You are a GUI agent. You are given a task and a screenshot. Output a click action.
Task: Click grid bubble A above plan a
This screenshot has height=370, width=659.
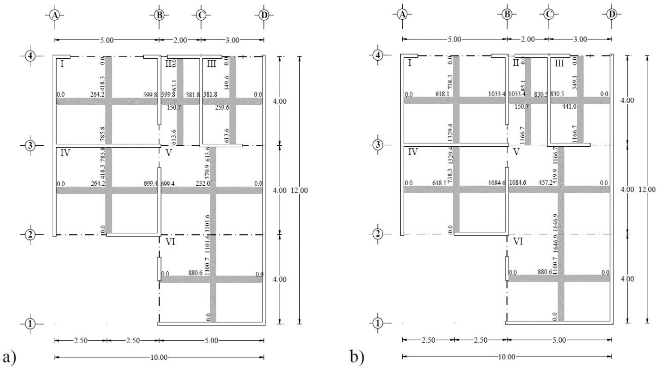point(55,15)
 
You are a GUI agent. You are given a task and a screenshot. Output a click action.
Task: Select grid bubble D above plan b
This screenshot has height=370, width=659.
point(611,14)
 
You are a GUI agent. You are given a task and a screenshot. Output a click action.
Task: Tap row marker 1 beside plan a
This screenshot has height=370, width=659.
point(30,323)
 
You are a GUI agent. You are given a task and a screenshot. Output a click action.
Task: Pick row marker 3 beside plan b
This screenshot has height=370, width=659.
point(377,145)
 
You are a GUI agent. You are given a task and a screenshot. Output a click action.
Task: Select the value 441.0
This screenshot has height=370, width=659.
point(570,107)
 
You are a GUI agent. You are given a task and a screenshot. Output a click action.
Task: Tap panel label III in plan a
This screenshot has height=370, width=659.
point(211,63)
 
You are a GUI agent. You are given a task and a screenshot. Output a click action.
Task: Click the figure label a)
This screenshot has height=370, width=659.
point(10,357)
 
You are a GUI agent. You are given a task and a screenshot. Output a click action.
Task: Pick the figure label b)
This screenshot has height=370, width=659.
point(357,357)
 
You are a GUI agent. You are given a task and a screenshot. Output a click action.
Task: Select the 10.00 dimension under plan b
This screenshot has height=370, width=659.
point(507,357)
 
